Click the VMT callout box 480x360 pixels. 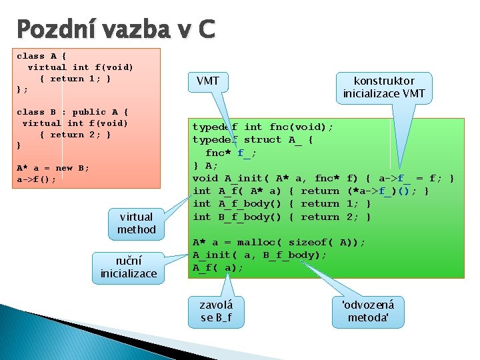208,81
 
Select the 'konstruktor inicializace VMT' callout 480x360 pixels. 384,87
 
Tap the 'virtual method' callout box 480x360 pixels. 136,223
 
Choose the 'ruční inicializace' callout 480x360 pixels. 129,267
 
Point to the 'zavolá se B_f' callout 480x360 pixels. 217,311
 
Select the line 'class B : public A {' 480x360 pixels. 72,112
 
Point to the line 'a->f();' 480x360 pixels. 36,179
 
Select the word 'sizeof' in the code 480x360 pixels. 311,243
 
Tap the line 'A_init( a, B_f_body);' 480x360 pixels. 259,255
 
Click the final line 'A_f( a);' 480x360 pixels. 218,268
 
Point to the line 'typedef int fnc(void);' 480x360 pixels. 263,127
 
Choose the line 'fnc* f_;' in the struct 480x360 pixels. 231,153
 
